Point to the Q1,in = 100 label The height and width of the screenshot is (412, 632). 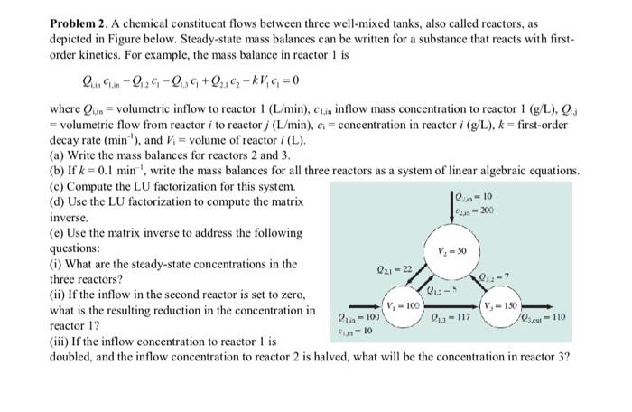click(x=350, y=317)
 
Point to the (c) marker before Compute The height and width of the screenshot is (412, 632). click(x=57, y=186)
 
